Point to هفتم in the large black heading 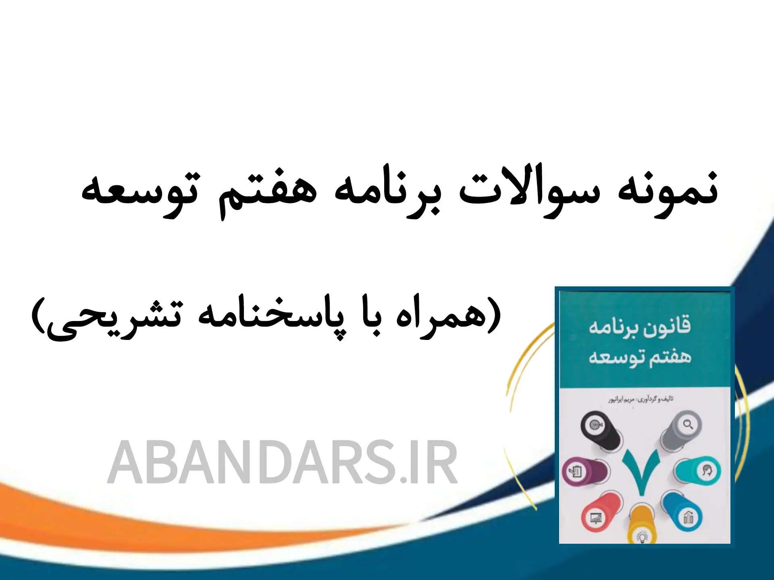tap(268, 192)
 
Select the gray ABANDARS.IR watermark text tap(282, 462)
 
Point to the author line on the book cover tap(641, 399)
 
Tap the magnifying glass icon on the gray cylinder tap(688, 424)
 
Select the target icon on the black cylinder tap(595, 425)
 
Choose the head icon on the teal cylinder tap(707, 471)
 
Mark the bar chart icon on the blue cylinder tap(689, 518)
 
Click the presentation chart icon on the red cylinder tap(595, 518)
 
